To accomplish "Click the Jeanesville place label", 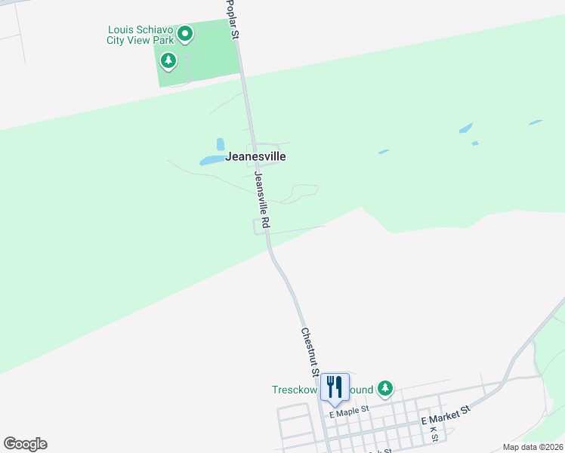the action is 255,157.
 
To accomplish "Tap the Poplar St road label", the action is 233,20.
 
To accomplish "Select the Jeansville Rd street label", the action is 262,200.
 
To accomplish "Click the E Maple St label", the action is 348,409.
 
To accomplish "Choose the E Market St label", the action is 446,414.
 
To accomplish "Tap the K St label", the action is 434,433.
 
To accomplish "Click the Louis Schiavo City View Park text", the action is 140,35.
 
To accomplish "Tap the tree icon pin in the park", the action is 168,60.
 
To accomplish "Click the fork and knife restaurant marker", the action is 335,387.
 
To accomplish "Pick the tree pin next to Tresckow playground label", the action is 385,389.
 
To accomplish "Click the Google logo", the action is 25,444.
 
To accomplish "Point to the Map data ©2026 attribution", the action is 533,447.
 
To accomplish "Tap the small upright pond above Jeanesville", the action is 221,143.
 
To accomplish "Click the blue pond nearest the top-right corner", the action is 536,122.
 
